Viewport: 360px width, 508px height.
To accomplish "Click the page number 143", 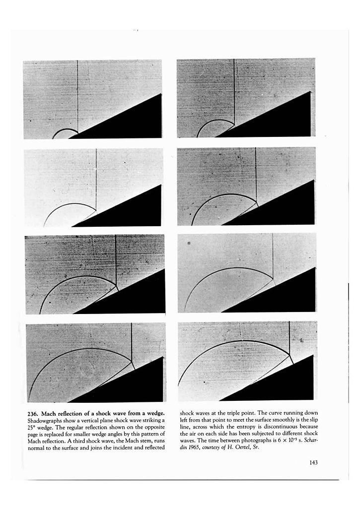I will (x=312, y=463).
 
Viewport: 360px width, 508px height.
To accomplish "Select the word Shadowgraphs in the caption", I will (x=42, y=420).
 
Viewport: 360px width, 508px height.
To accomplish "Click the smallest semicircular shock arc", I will (x=65, y=130).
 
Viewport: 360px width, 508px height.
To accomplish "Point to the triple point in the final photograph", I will (x=289, y=353).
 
